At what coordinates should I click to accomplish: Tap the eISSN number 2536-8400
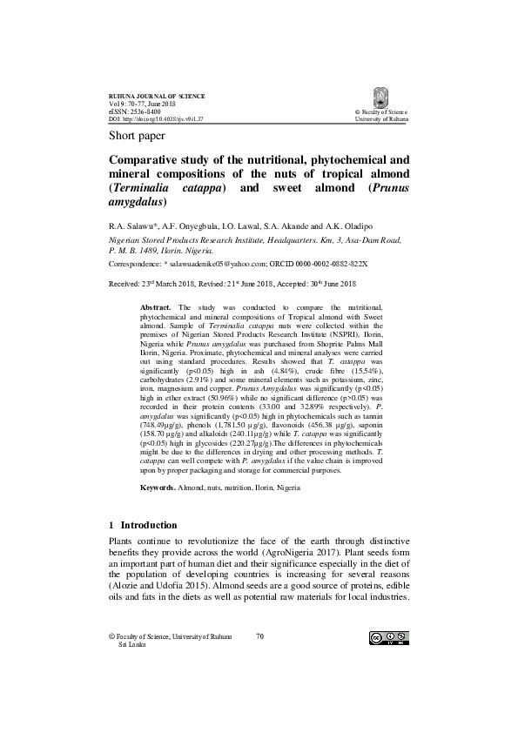click(141, 112)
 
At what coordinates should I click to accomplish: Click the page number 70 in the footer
click(259, 636)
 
